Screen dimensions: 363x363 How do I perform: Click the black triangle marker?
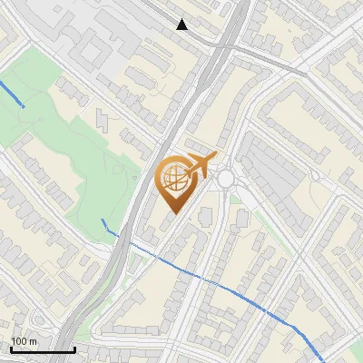point(182,25)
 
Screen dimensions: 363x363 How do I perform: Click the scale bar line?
point(43,349)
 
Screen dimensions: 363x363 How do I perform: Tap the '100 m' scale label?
point(25,341)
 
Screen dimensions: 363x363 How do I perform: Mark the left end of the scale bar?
point(11,349)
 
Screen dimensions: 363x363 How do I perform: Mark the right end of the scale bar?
point(74,349)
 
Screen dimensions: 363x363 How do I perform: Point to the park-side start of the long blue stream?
point(103,221)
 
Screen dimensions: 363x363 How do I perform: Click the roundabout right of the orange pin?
point(226,179)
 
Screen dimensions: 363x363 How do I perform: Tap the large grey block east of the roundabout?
point(272,172)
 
